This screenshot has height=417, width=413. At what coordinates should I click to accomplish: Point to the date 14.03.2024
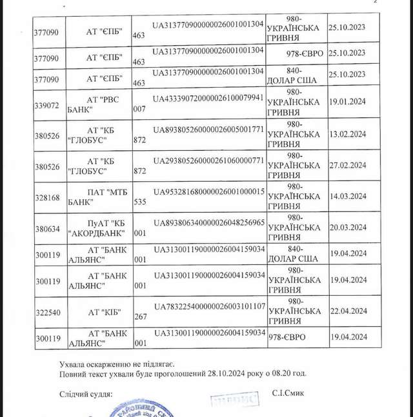click(x=347, y=196)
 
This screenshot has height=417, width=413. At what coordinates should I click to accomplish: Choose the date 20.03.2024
click(x=347, y=227)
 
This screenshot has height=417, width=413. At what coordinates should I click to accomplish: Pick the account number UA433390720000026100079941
click(x=208, y=98)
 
